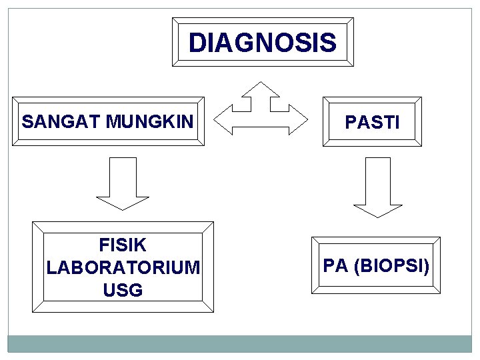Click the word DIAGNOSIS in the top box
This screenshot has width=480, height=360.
pyautogui.click(x=262, y=43)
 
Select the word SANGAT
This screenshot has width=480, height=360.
pyautogui.click(x=61, y=122)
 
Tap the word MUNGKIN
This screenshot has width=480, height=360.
pyautogui.click(x=149, y=122)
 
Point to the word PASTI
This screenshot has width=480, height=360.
pyautogui.click(x=372, y=123)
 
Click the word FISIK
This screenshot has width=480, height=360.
pyautogui.click(x=123, y=245)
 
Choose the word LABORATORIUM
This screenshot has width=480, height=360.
pyautogui.click(x=123, y=268)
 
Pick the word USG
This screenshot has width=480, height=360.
pyautogui.click(x=123, y=291)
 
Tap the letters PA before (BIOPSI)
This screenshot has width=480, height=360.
pyautogui.click(x=336, y=266)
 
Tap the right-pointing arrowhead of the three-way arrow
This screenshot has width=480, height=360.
pyautogui.click(x=298, y=120)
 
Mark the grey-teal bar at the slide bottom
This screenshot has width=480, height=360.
pyautogui.click(x=240, y=343)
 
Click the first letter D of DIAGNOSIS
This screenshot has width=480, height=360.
pyautogui.click(x=197, y=43)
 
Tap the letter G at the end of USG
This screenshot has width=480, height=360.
pyautogui.click(x=136, y=291)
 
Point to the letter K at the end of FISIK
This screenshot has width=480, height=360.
pyautogui.click(x=140, y=245)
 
